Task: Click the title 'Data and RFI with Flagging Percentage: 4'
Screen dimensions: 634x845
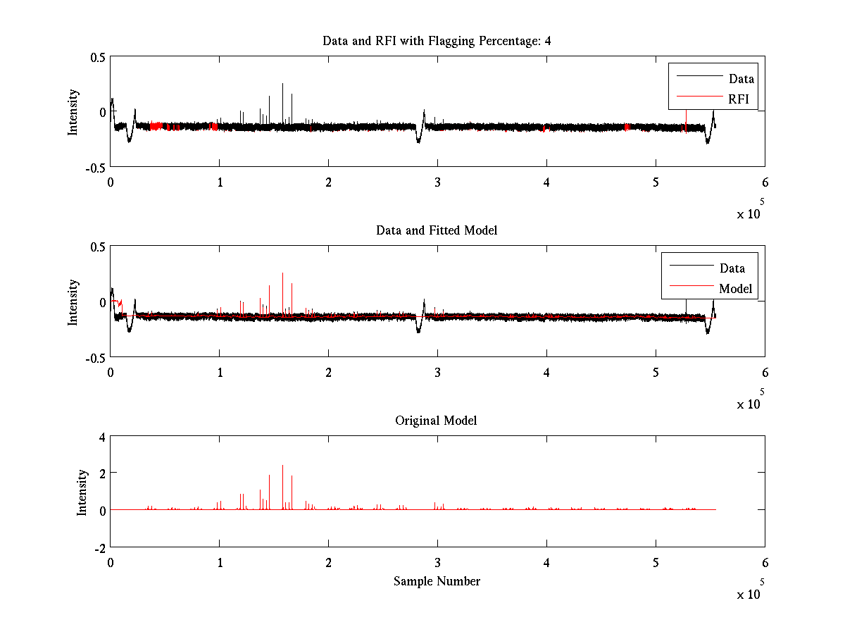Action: pyautogui.click(x=437, y=41)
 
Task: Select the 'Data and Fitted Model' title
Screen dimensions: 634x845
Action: pyautogui.click(x=437, y=230)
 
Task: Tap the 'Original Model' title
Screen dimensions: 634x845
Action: pyautogui.click(x=436, y=421)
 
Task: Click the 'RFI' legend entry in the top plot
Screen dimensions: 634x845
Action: pyautogui.click(x=739, y=99)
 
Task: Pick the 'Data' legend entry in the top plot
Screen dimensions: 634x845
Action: pyautogui.click(x=741, y=79)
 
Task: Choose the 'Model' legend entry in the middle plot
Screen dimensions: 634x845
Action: pyautogui.click(x=735, y=288)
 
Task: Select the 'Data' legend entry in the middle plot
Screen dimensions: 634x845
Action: pyautogui.click(x=732, y=268)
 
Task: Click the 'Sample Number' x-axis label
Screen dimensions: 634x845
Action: pyautogui.click(x=437, y=581)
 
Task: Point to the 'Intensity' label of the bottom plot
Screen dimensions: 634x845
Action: pyautogui.click(x=83, y=492)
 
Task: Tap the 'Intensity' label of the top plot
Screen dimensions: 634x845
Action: pyautogui.click(x=73, y=112)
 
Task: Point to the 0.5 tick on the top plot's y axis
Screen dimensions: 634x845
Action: pyautogui.click(x=97, y=57)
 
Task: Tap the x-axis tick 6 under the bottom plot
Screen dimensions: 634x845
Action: pyautogui.click(x=765, y=562)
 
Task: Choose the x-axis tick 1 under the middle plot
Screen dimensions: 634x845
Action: pyautogui.click(x=220, y=372)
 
